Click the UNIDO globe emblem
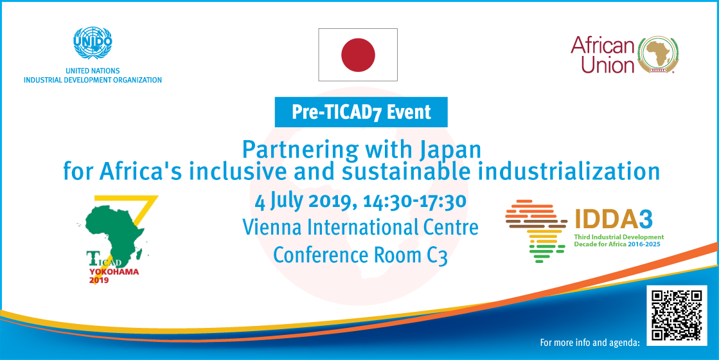(x=93, y=43)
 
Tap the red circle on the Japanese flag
(x=358, y=55)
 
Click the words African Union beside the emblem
(x=603, y=55)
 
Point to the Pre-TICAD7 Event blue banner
(x=361, y=112)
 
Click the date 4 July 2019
(x=305, y=201)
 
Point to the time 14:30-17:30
(x=414, y=201)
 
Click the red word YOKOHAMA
(x=114, y=271)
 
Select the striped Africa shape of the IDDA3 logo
(x=536, y=231)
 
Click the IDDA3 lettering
(x=614, y=219)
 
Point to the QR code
(x=677, y=315)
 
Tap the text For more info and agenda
(x=590, y=343)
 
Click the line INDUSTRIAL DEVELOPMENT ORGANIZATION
(x=93, y=80)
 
